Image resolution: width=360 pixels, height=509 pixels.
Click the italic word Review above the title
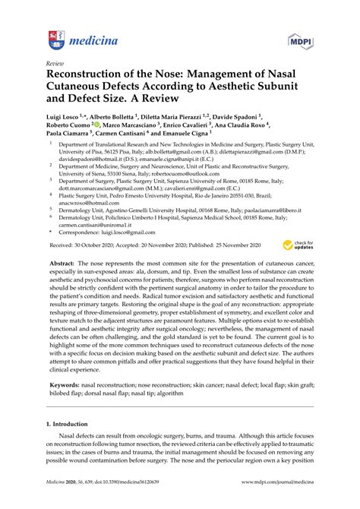coord(55,63)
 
